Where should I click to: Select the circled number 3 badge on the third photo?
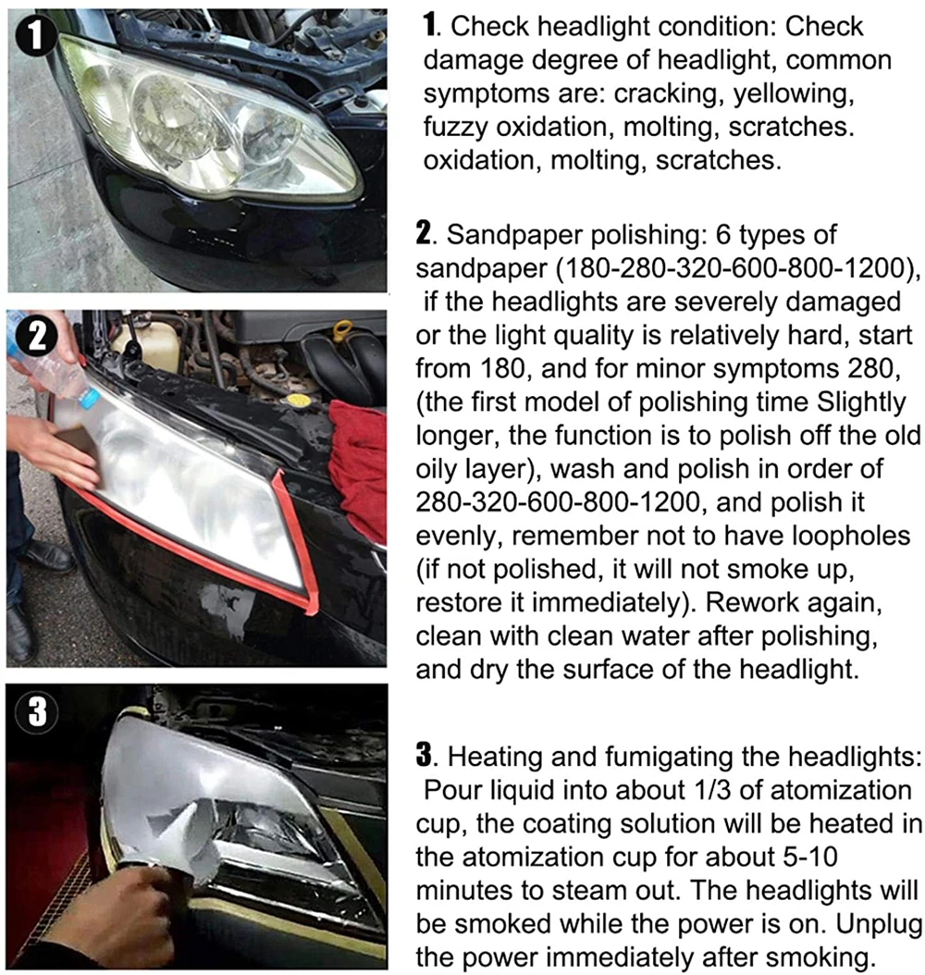click(35, 713)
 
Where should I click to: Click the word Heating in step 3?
click(501, 759)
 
